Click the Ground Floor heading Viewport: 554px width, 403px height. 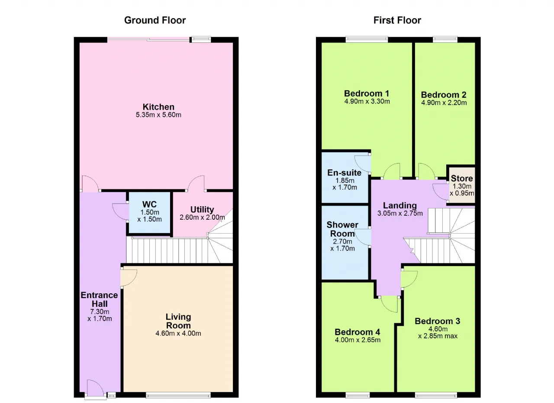155,20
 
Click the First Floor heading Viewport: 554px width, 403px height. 397,20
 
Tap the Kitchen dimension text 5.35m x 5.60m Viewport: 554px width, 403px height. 158,115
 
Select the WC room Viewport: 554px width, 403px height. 149,213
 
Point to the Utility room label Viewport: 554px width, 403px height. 202,209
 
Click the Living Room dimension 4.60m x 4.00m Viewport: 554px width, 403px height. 178,333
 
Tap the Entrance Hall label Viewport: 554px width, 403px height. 100,299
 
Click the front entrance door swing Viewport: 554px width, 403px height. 96,389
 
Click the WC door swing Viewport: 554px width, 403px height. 120,211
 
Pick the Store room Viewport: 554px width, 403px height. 462,185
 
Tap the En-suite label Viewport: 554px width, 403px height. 344,172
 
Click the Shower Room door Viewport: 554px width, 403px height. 363,237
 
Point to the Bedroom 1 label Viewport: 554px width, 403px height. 367,93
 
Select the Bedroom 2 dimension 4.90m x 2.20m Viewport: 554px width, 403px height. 444,103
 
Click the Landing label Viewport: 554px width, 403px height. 400,205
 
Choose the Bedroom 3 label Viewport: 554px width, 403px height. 438,321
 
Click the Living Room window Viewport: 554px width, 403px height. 178,395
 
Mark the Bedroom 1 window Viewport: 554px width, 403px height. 367,39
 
